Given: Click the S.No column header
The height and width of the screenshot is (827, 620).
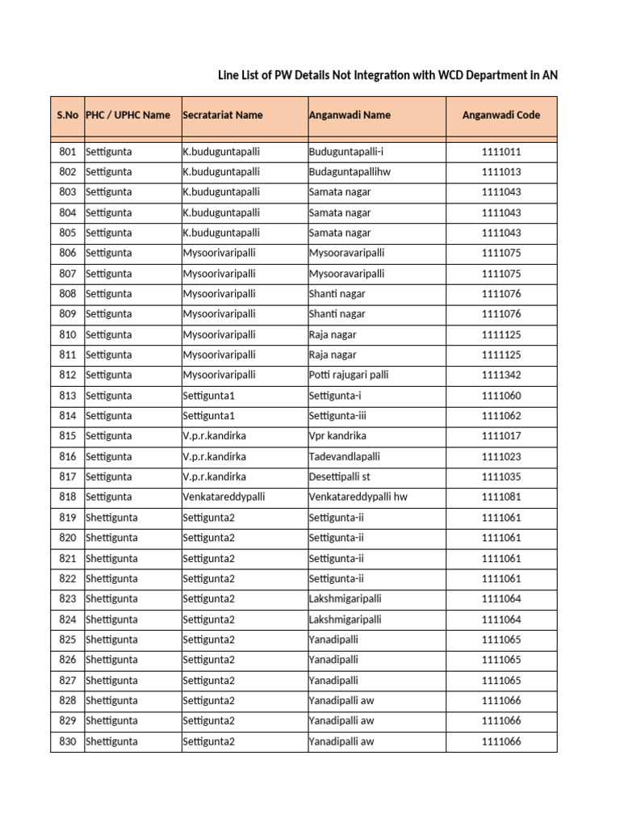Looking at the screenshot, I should (67, 115).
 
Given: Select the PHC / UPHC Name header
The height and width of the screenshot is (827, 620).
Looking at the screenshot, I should (128, 115).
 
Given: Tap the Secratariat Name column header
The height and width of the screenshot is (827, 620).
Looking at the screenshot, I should (223, 115).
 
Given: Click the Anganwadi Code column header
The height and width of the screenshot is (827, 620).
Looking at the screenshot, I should (501, 115).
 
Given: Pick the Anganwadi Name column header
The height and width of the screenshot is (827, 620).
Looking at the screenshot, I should (350, 115).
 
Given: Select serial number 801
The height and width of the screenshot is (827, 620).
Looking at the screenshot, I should (68, 152).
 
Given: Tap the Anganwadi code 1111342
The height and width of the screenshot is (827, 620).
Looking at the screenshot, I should (501, 376).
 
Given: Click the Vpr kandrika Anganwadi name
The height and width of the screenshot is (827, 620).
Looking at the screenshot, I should (337, 436).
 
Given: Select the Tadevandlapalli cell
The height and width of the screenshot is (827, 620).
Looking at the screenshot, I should (345, 456).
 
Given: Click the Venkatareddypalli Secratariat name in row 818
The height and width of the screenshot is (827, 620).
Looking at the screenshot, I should (224, 497).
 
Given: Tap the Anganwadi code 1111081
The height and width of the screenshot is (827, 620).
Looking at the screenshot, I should (501, 497).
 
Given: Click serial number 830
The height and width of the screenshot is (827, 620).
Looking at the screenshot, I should (68, 741).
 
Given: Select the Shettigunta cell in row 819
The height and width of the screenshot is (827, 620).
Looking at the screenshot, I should (111, 518).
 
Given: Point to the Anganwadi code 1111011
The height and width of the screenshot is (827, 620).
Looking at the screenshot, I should (501, 152).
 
